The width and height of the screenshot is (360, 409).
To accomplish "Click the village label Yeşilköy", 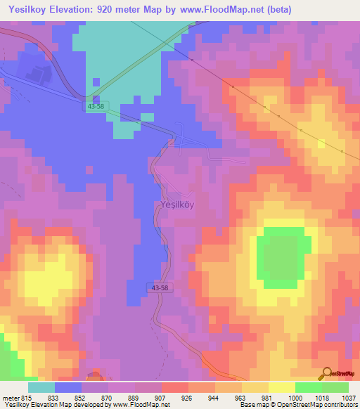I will click(174, 206).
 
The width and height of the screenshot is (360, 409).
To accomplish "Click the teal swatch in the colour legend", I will click(41, 387).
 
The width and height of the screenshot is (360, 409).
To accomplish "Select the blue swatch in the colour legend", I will click(68, 387).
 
